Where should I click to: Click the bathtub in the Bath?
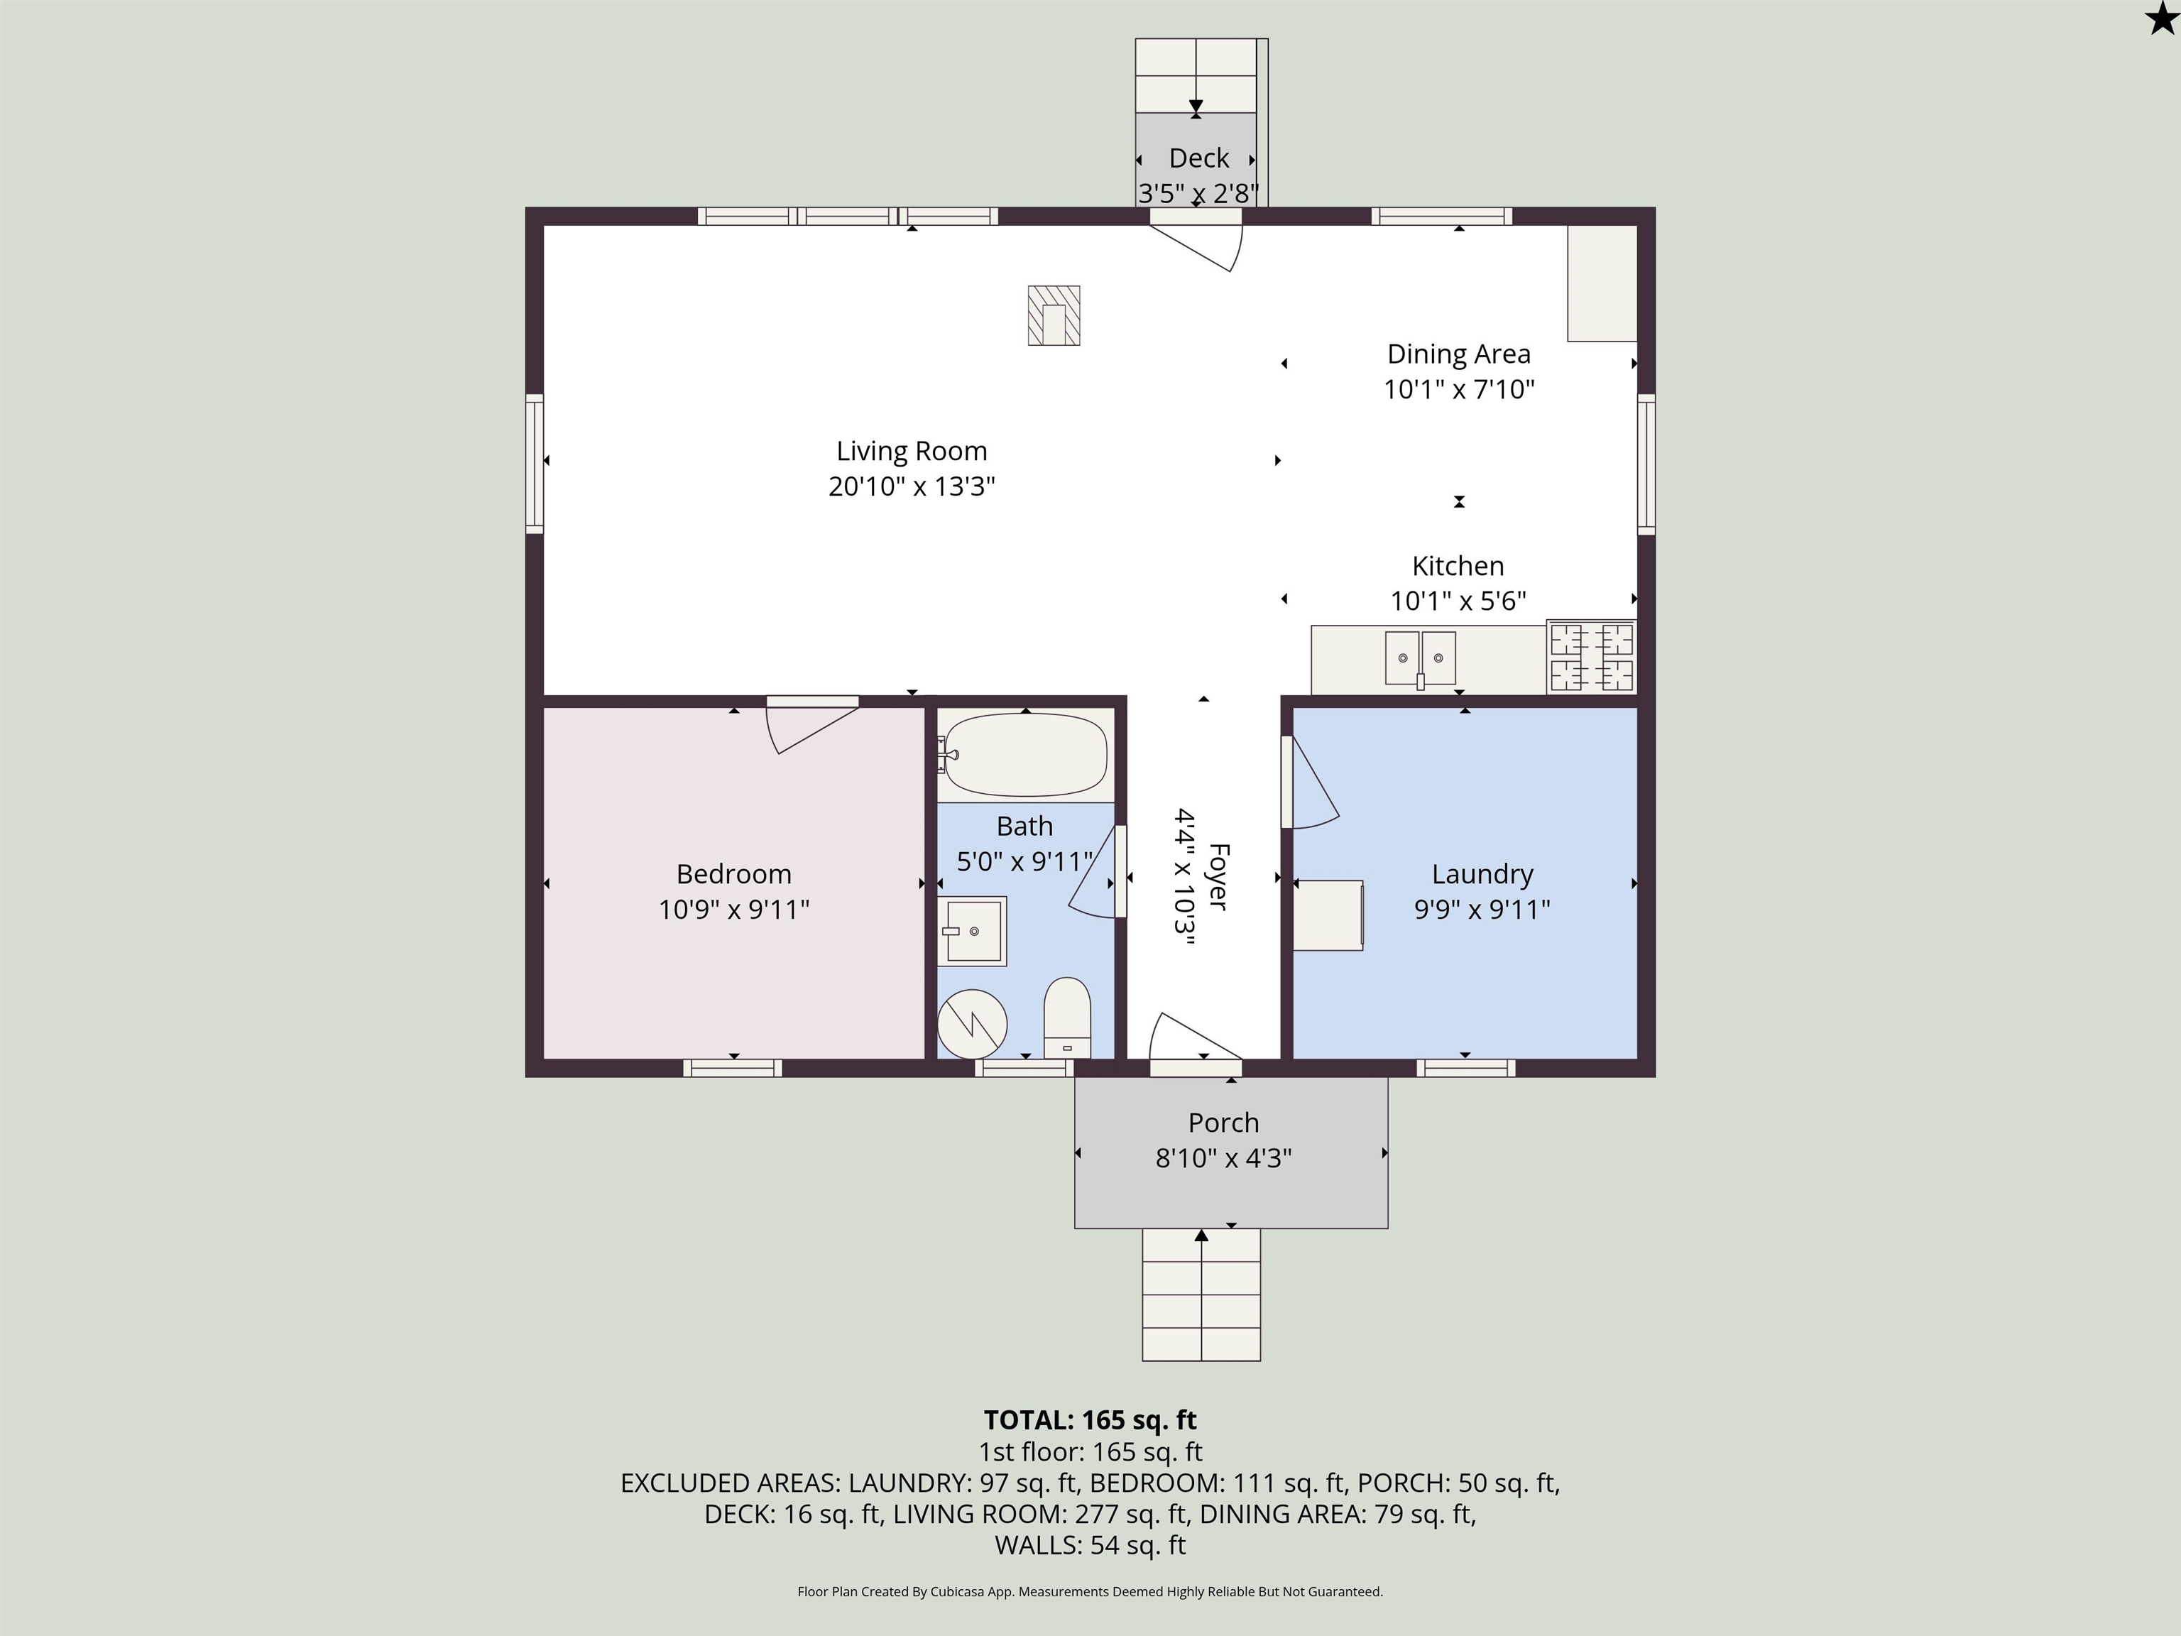pyautogui.click(x=1025, y=754)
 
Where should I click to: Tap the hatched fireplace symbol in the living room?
pyautogui.click(x=1054, y=315)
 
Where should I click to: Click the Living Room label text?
pyautogui.click(x=911, y=451)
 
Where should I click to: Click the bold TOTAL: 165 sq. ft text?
pyautogui.click(x=1090, y=1420)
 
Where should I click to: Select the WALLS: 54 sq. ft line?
pyautogui.click(x=1090, y=1544)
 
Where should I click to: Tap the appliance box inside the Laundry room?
pyautogui.click(x=1328, y=915)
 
